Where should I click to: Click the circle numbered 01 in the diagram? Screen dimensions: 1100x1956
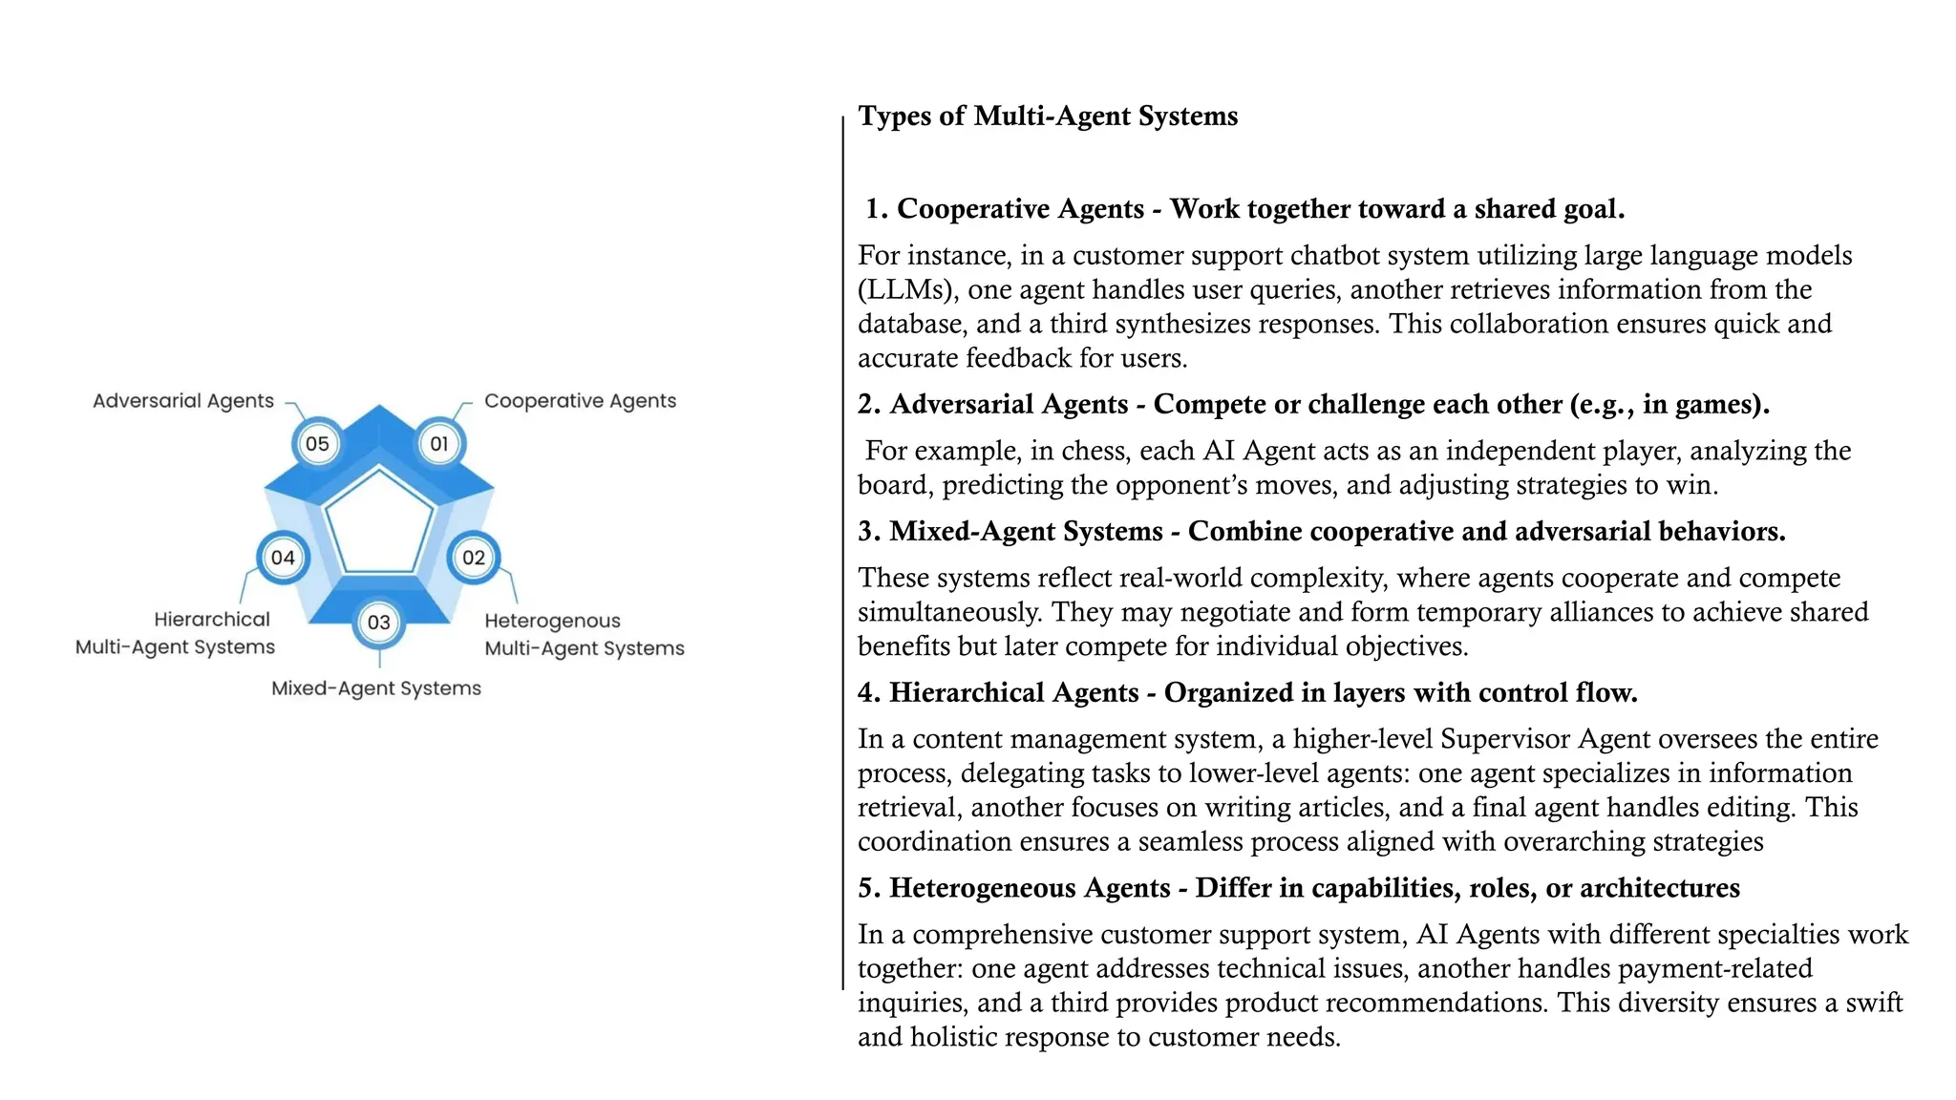[439, 444]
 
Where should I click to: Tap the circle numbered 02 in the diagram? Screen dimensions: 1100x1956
[474, 558]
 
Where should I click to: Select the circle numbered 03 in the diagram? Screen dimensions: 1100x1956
[379, 623]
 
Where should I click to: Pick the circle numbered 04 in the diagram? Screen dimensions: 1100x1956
[283, 558]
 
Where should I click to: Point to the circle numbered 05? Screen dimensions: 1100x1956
[317, 444]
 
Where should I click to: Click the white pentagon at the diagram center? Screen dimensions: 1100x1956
[379, 524]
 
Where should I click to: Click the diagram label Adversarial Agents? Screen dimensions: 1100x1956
[183, 401]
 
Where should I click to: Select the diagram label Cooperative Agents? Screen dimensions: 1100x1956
[580, 401]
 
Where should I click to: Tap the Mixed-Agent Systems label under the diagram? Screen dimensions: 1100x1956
[376, 688]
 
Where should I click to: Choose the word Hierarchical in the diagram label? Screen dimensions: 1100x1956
[212, 620]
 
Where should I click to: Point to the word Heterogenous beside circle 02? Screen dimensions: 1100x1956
[552, 621]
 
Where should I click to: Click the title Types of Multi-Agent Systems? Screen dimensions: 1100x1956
[1048, 116]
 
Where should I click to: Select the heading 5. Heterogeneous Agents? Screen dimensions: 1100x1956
[1013, 888]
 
